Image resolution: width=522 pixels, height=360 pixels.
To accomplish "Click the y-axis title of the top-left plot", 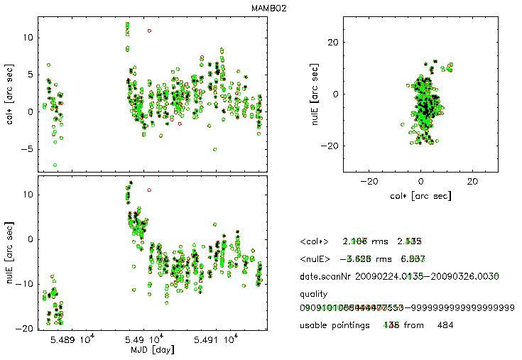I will (x=10, y=95).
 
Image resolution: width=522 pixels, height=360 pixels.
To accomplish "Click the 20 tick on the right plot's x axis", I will (x=472, y=181).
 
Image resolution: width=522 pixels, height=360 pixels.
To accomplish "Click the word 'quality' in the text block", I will (x=315, y=293).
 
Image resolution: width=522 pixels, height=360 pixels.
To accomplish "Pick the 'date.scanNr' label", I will (x=327, y=276).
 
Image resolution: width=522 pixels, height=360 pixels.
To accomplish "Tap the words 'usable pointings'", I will (x=337, y=325).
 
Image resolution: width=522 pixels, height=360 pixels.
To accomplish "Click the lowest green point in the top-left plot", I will (x=55, y=165).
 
